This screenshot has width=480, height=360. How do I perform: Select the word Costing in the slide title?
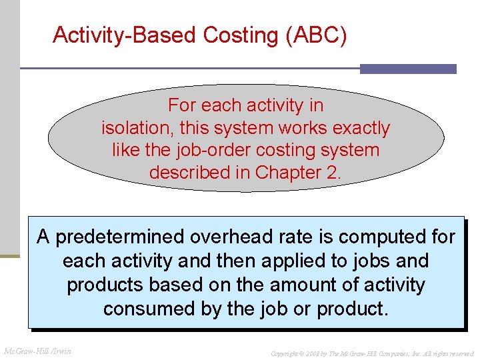tap(240, 35)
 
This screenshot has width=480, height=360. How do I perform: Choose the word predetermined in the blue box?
tap(120, 237)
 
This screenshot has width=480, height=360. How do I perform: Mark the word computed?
tap(378, 237)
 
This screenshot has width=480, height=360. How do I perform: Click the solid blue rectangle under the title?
tap(408, 69)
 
